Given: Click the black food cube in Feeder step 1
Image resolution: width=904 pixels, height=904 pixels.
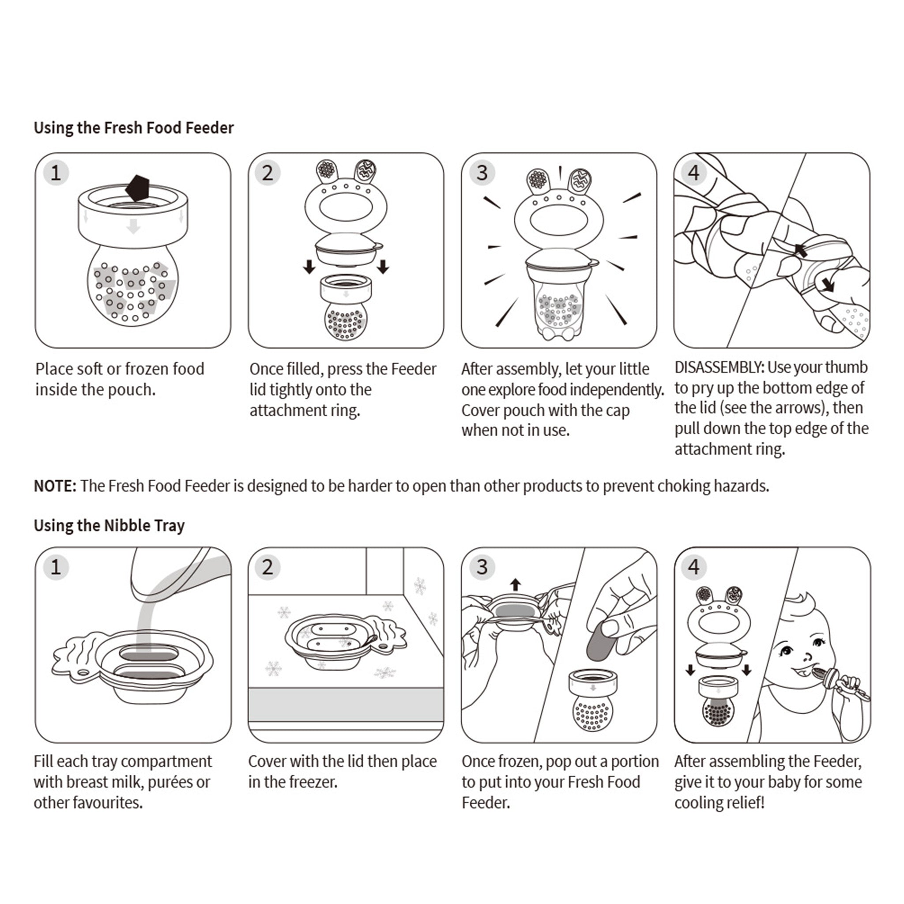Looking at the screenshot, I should [138, 188].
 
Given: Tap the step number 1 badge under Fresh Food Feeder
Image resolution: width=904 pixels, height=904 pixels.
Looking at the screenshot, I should [56, 173].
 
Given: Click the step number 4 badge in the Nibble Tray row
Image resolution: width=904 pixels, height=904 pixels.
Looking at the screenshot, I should [693, 567].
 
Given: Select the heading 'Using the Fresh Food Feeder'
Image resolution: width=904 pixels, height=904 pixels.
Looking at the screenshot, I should [133, 128].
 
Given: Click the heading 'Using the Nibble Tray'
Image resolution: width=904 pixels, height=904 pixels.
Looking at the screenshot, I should [109, 525].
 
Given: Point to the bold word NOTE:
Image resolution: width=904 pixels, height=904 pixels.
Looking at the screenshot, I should [55, 486].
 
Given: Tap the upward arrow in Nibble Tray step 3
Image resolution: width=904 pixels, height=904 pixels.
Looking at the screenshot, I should [515, 584].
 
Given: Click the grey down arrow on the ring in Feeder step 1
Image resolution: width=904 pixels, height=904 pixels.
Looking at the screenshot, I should [134, 226].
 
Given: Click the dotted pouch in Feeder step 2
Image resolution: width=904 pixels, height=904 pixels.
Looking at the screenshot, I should [346, 321].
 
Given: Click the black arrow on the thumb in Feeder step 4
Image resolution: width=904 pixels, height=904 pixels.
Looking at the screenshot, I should [801, 251].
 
